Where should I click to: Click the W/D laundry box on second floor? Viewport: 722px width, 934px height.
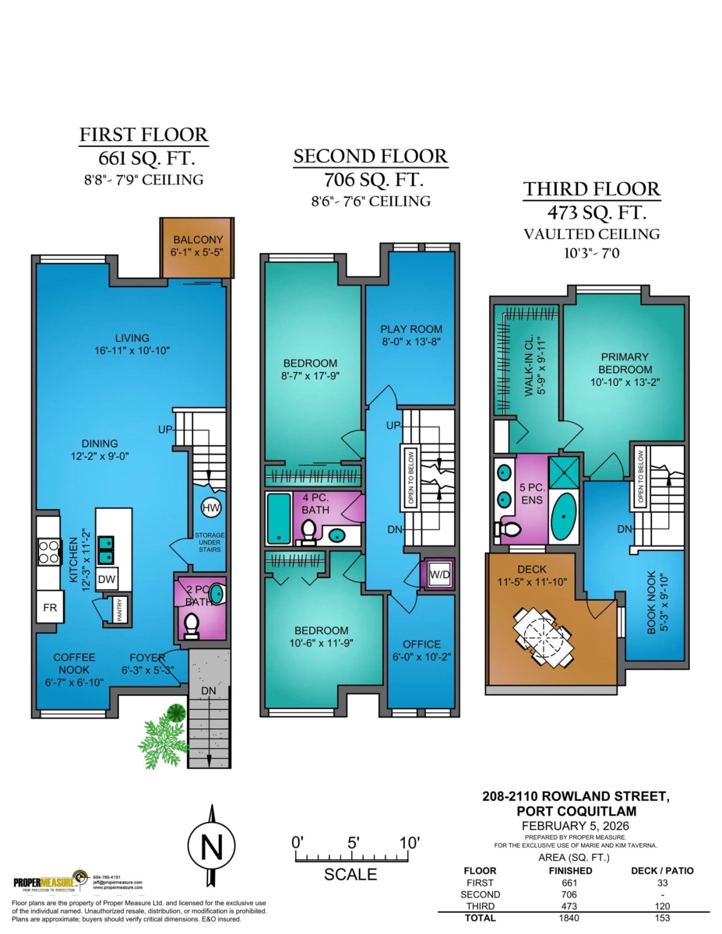click(x=438, y=574)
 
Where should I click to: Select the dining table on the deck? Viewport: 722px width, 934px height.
click(x=543, y=637)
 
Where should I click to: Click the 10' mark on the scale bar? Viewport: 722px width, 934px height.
click(x=409, y=843)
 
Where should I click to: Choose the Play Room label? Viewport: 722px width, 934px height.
click(x=410, y=335)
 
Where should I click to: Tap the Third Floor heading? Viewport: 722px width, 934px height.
click(x=591, y=189)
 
